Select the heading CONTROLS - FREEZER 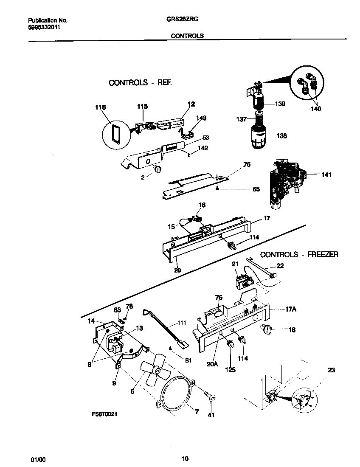click(x=299, y=254)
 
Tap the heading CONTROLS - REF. click(x=140, y=83)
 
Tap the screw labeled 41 click(x=209, y=397)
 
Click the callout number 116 click(x=100, y=108)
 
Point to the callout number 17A click(x=291, y=309)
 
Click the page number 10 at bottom click(x=185, y=459)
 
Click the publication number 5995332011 click(x=44, y=27)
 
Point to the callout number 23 click(x=332, y=370)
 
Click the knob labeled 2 click(x=157, y=169)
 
